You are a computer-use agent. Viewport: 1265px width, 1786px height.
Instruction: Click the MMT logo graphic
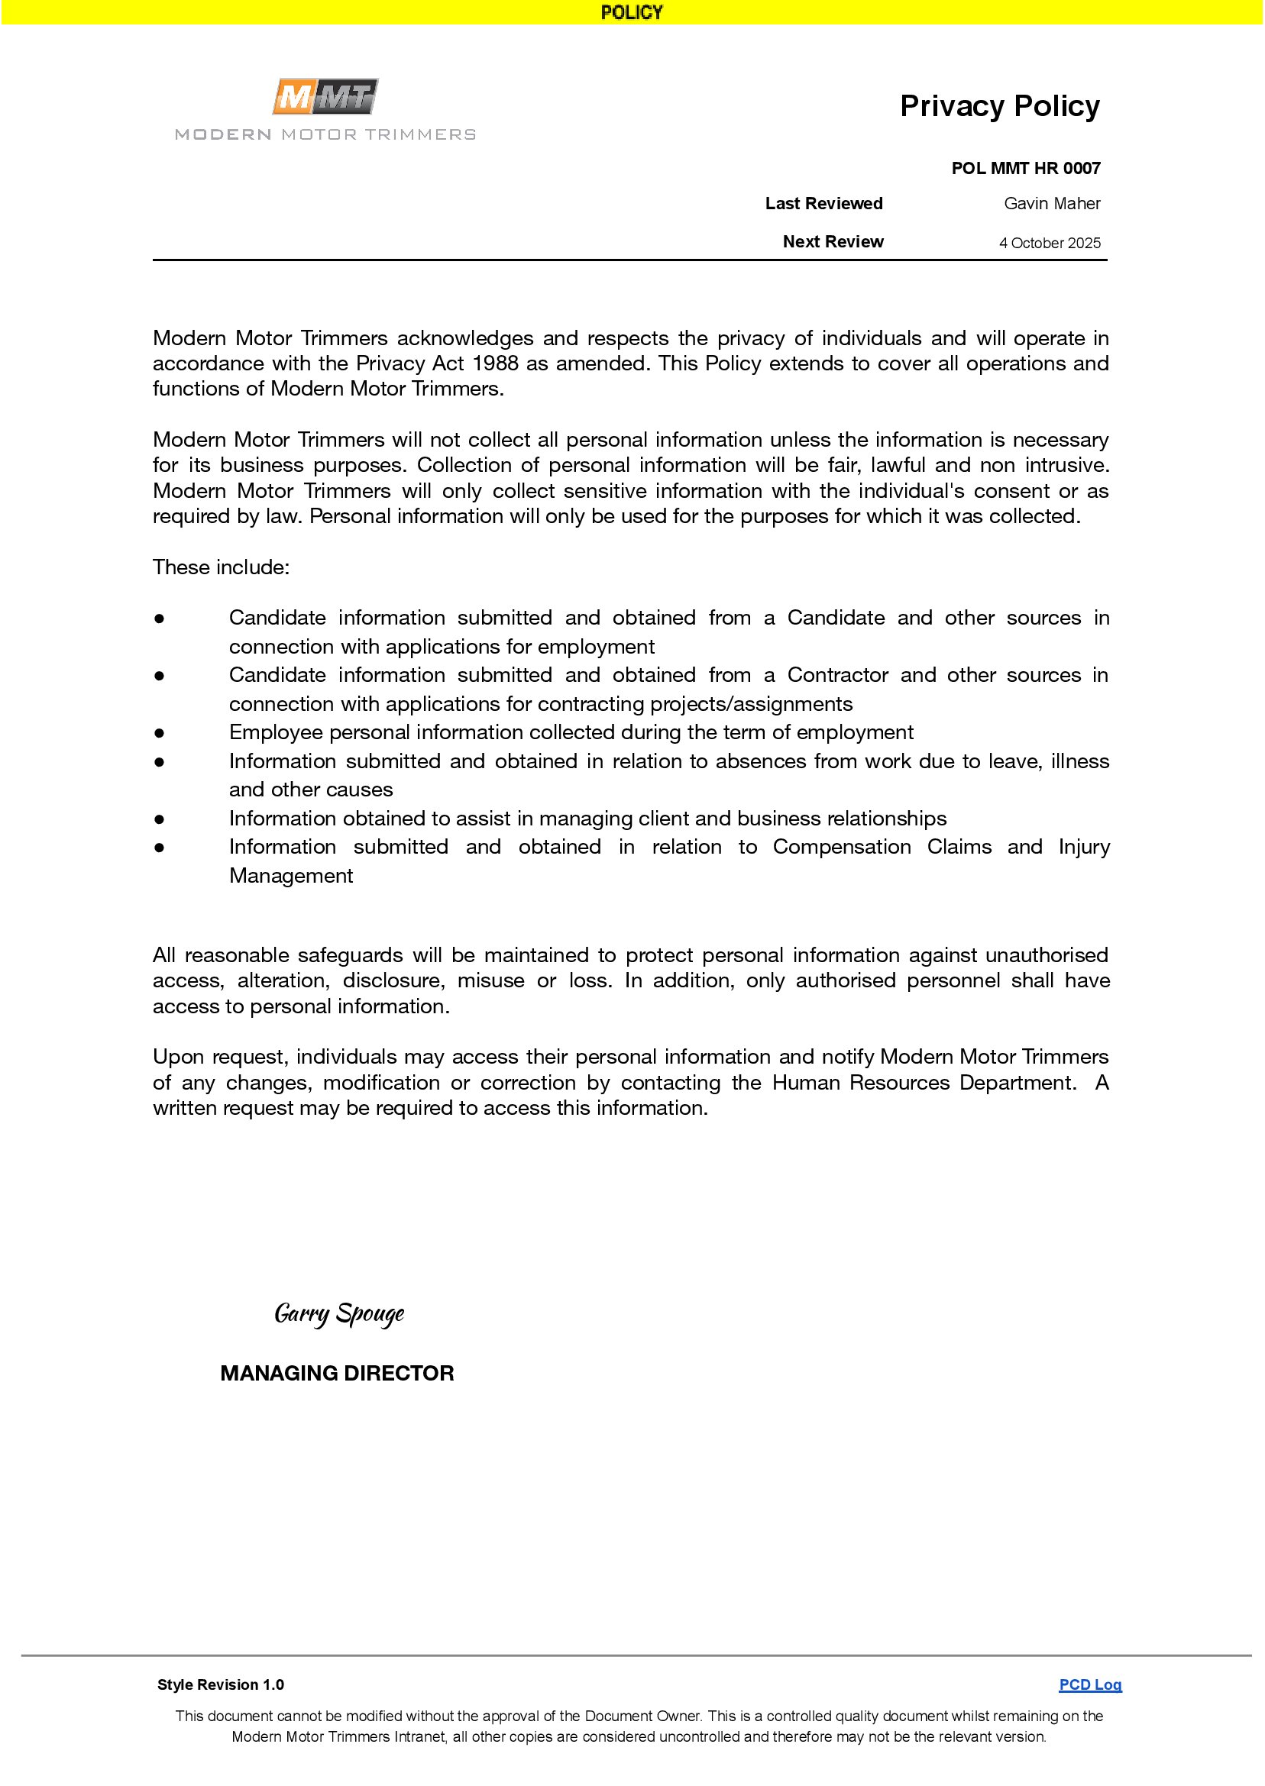[325, 97]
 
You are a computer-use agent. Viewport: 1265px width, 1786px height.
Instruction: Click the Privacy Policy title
[999, 106]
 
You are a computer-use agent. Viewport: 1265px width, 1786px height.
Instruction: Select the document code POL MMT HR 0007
[1025, 168]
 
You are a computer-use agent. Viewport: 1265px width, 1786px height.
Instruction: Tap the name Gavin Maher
[1052, 204]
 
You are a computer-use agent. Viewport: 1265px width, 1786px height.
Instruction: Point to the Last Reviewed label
[823, 204]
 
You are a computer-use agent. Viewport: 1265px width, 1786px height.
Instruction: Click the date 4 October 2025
[1050, 243]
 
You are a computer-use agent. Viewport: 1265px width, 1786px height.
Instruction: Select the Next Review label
[833, 242]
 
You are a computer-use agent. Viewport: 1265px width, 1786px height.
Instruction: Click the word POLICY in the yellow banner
[632, 12]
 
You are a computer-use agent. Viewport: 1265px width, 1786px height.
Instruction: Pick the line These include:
[222, 567]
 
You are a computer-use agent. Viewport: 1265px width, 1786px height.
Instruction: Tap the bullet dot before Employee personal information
[159, 732]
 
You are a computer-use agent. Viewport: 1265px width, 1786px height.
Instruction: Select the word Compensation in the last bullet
[841, 847]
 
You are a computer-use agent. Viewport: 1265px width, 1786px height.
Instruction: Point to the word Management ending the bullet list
[290, 876]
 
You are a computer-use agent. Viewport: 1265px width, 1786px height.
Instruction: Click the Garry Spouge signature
[339, 1313]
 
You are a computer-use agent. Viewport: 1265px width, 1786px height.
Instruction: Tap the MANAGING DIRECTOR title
[337, 1374]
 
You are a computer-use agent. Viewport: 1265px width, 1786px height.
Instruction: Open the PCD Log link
[1090, 1684]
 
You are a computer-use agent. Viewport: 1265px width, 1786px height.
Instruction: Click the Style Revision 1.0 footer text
[221, 1684]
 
